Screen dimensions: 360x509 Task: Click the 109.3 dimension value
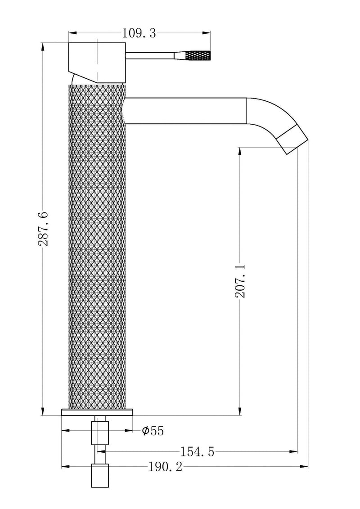click(x=139, y=33)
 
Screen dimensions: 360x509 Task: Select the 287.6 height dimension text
click(x=44, y=229)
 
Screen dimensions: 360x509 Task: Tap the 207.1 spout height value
click(x=240, y=281)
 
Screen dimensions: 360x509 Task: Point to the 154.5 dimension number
click(x=198, y=451)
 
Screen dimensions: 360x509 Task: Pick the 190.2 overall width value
click(x=166, y=467)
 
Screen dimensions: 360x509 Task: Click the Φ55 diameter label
click(x=153, y=431)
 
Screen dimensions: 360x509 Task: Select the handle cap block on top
click(x=97, y=62)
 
